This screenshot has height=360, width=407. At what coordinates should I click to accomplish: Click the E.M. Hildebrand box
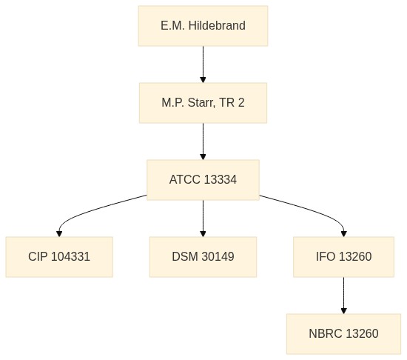coord(203,26)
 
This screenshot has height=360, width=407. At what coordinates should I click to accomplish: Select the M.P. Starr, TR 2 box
coord(203,103)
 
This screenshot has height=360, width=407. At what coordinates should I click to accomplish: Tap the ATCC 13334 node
coord(203,180)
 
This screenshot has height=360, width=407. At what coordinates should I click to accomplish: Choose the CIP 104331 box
coord(59,257)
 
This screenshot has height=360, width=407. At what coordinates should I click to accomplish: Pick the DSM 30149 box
coord(203,257)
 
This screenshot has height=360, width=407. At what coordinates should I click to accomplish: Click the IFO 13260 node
coord(343,257)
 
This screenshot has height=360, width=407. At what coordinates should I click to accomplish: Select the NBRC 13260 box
coord(343,334)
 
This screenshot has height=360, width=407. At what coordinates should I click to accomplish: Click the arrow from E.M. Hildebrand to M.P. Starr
coord(203,64)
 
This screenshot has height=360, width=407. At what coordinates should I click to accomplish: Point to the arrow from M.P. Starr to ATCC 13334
coord(203,141)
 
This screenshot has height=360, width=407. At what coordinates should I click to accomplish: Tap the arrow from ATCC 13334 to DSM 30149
coord(203,219)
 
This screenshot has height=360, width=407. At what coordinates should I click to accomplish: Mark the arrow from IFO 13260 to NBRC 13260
coord(343,296)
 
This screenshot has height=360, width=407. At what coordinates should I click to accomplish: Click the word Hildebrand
coord(217,25)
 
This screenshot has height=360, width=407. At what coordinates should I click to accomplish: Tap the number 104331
coord(70,256)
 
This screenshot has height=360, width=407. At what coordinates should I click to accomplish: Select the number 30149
coord(218,256)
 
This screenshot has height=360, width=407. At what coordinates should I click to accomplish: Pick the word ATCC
coord(185,179)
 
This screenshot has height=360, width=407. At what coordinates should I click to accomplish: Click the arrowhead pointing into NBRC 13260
coord(343,311)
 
